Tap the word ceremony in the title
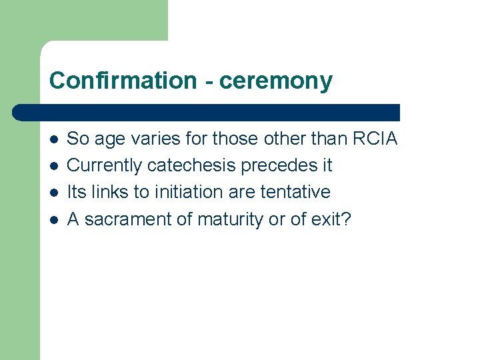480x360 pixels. tap(275, 81)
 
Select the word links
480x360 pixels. tap(110, 192)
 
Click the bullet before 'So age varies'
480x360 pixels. tap(53, 139)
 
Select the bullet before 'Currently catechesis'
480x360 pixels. tap(53, 166)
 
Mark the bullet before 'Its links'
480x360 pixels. tap(53, 193)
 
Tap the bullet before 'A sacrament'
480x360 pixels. tap(53, 219)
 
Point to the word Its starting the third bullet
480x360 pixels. tap(77, 192)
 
